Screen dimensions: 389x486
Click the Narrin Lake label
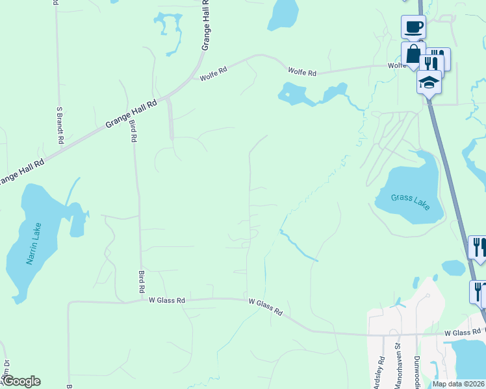pos(34,244)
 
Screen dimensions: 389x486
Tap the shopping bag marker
pos(413,55)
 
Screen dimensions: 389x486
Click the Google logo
pos(20,381)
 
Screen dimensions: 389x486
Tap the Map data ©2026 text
pos(457,384)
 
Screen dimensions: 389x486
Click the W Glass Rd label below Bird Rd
pos(167,300)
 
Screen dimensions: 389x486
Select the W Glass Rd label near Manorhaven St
pos(462,333)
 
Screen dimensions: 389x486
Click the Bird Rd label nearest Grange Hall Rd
pos(133,130)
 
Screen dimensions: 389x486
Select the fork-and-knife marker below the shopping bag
pos(429,64)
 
